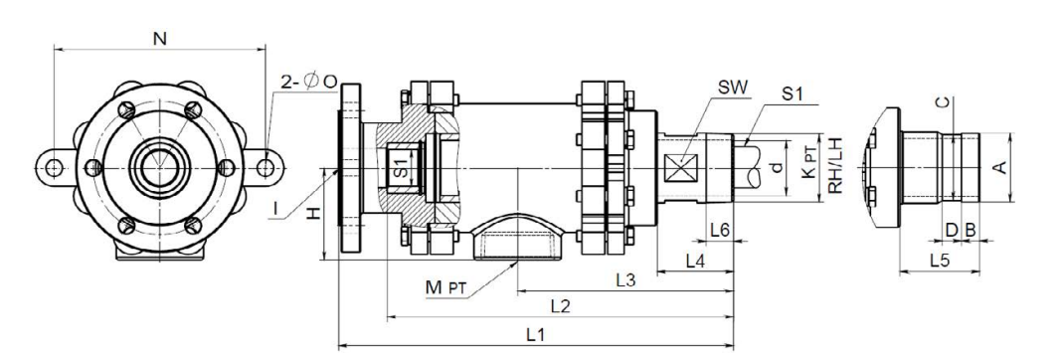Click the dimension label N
(x=160, y=39)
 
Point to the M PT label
(x=446, y=287)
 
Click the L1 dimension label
(x=536, y=334)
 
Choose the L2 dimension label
(x=560, y=306)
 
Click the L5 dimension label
(x=940, y=260)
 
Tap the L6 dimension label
(x=720, y=230)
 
